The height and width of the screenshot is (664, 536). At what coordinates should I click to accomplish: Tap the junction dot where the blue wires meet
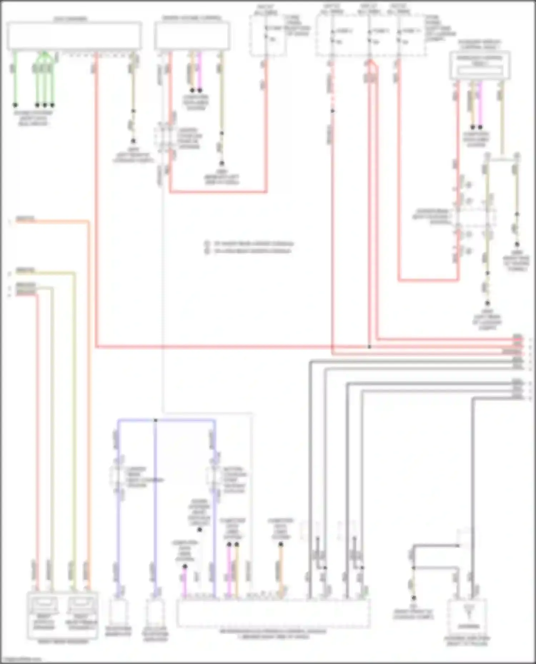click(155, 420)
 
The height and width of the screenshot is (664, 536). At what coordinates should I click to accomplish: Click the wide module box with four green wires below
click(74, 36)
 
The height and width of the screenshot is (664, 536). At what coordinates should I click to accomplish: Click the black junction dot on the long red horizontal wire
click(369, 346)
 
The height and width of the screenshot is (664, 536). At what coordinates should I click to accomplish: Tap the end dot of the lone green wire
click(15, 105)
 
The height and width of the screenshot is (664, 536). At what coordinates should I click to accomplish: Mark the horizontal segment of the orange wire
click(54, 222)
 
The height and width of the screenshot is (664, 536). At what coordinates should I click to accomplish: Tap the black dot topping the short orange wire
click(281, 544)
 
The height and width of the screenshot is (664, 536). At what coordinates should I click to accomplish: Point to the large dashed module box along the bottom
click(273, 613)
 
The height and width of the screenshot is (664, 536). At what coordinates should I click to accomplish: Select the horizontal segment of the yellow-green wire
click(46, 273)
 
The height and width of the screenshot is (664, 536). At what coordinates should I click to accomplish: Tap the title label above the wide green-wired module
click(70, 19)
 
